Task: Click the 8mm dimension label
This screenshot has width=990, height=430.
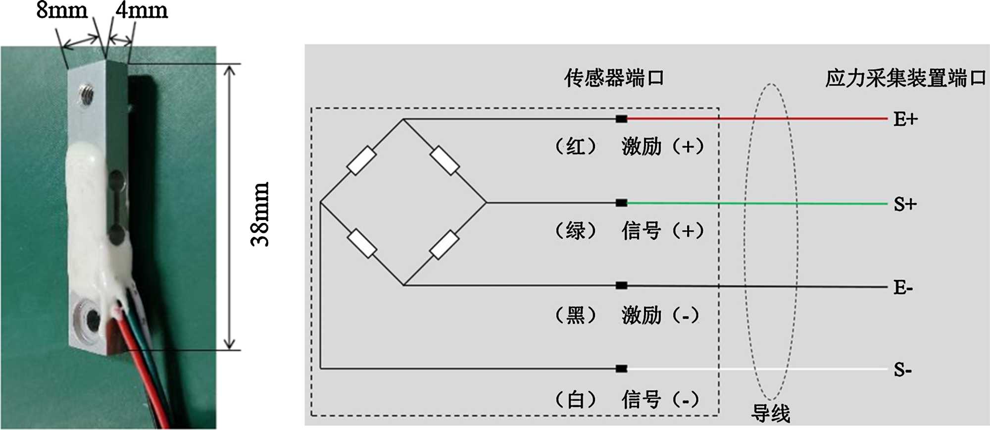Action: pyautogui.click(x=62, y=10)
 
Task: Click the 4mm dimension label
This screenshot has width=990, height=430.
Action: pyautogui.click(x=142, y=10)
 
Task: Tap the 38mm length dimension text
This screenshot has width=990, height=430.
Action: pyautogui.click(x=260, y=214)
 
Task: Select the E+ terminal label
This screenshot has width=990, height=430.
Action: pyautogui.click(x=905, y=119)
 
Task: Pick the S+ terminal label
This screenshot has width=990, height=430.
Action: pyautogui.click(x=905, y=204)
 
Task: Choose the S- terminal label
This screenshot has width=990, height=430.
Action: pyautogui.click(x=903, y=370)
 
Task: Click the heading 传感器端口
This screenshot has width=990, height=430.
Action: pyautogui.click(x=614, y=78)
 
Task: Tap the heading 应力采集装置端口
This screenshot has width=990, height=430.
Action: pyautogui.click(x=905, y=78)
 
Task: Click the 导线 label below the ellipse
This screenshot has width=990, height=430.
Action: pyautogui.click(x=771, y=413)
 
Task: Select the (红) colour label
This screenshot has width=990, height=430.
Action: pyautogui.click(x=576, y=147)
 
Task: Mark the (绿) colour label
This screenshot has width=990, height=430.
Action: pyautogui.click(x=576, y=231)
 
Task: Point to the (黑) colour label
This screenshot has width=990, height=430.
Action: pyautogui.click(x=576, y=315)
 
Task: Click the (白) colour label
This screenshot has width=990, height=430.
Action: pyautogui.click(x=576, y=399)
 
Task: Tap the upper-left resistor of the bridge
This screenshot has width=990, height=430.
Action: pyautogui.click(x=362, y=161)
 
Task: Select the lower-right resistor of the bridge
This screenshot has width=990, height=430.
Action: pyautogui.click(x=445, y=245)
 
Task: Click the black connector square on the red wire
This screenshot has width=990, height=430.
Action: pyautogui.click(x=622, y=119)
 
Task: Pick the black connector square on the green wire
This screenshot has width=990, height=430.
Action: pyautogui.click(x=622, y=203)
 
